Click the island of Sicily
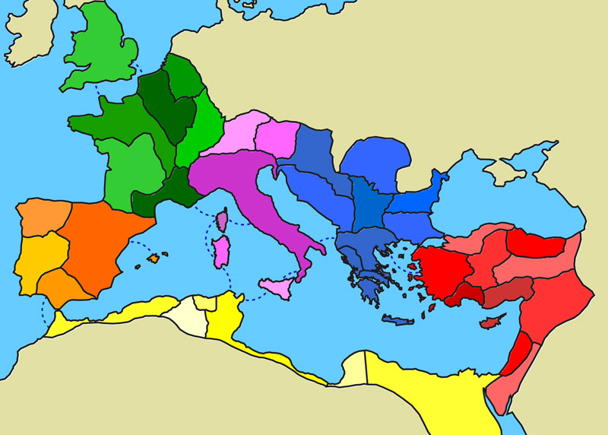click(277, 287)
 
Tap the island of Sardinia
click(221, 251)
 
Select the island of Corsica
click(223, 221)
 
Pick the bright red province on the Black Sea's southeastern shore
click(536, 243)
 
